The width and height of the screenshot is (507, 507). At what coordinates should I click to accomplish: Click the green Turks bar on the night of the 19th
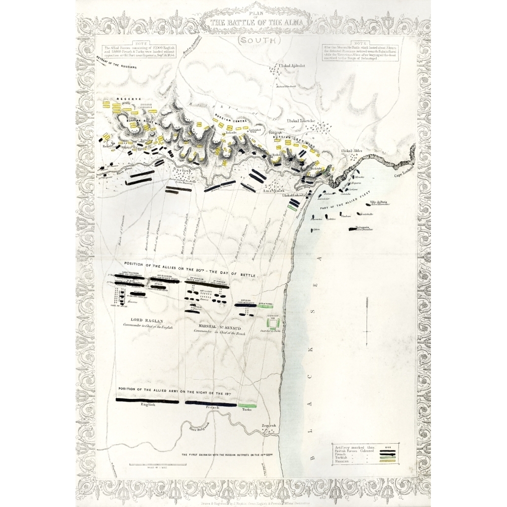pyautogui.click(x=247, y=406)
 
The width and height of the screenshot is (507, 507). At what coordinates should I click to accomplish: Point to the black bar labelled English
pyautogui.click(x=147, y=401)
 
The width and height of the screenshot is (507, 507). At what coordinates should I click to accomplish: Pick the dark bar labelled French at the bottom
pyautogui.click(x=210, y=404)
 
